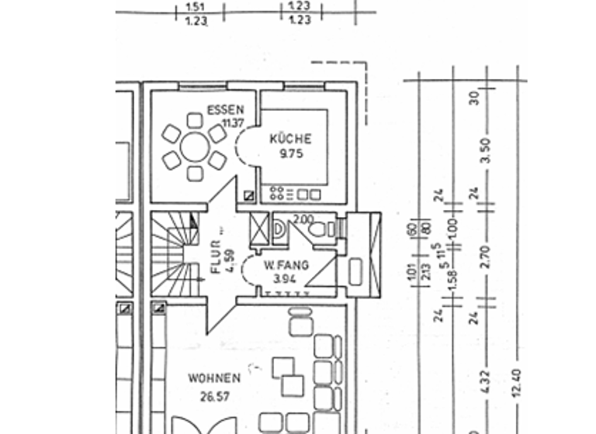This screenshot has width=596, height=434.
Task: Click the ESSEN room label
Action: tap(226, 110)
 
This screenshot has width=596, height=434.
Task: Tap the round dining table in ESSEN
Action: tap(194, 146)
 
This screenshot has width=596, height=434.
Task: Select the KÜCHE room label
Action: tap(290, 139)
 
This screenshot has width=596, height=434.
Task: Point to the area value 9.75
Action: tap(290, 153)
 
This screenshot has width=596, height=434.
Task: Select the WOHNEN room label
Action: tap(213, 378)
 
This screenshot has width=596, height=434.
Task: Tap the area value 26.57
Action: tap(214, 395)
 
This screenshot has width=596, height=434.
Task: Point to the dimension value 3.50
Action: tap(486, 150)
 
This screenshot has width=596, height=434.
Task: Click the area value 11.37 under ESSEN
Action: tap(232, 123)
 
